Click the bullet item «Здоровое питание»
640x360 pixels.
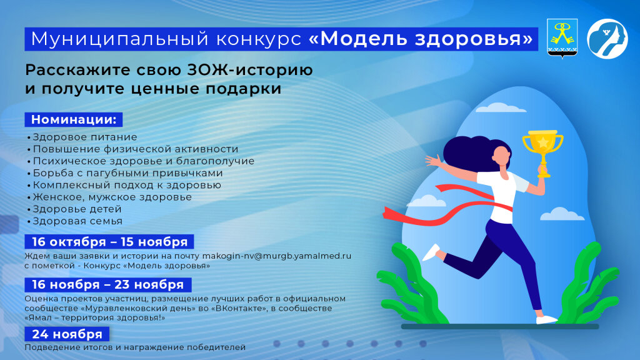coord(84,137)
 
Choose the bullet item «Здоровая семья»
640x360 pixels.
coord(77,221)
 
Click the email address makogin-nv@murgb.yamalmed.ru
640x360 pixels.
coord(277,256)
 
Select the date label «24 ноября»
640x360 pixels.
coord(67,334)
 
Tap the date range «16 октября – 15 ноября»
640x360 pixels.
coord(109,242)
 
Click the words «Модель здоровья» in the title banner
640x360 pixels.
coord(422,39)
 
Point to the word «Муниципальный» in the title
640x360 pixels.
coord(106,39)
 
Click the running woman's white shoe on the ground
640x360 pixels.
coord(546,319)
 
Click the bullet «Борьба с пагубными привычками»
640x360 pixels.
coord(127,173)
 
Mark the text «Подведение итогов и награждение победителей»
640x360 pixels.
coord(135,347)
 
